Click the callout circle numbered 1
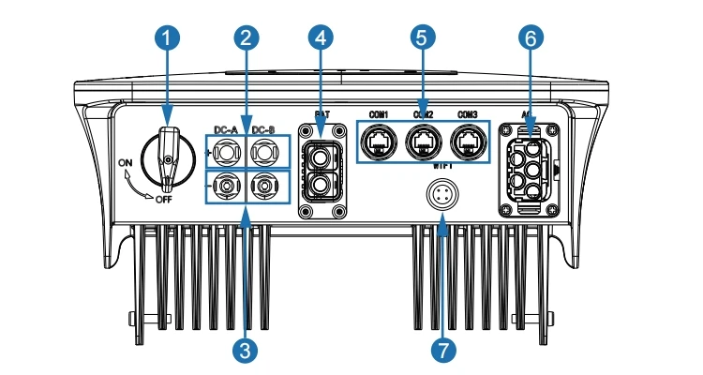tap(167, 38)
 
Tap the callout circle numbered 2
tap(246, 38)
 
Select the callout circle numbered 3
tap(246, 350)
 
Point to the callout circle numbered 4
tap(322, 38)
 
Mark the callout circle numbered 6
tap(531, 38)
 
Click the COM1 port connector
tap(380, 143)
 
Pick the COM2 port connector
tap(423, 143)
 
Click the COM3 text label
tap(467, 114)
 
